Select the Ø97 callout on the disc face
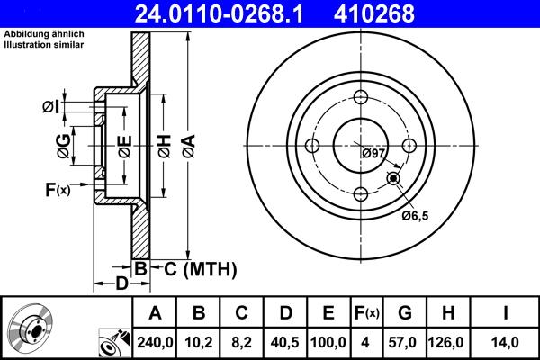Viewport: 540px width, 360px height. point(373,154)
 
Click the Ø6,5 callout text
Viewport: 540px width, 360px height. point(415,216)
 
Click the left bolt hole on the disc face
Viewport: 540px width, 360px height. point(312,147)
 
